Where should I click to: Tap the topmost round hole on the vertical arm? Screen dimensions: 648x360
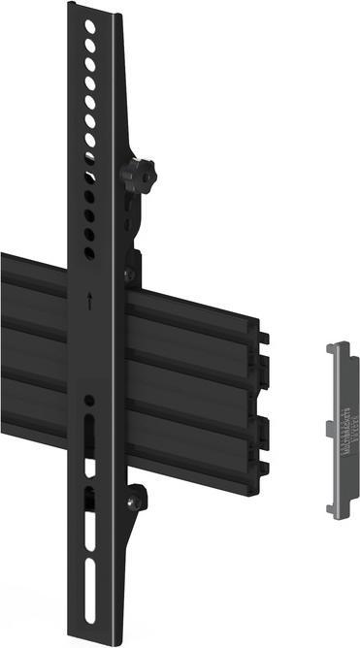point(90,28)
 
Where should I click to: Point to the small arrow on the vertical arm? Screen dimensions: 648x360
point(89,301)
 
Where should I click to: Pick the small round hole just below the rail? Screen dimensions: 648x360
point(89,401)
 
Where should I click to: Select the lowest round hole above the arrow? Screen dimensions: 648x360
point(89,253)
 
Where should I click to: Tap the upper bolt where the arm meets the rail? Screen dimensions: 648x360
point(129,275)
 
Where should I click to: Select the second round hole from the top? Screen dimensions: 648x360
point(90,47)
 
